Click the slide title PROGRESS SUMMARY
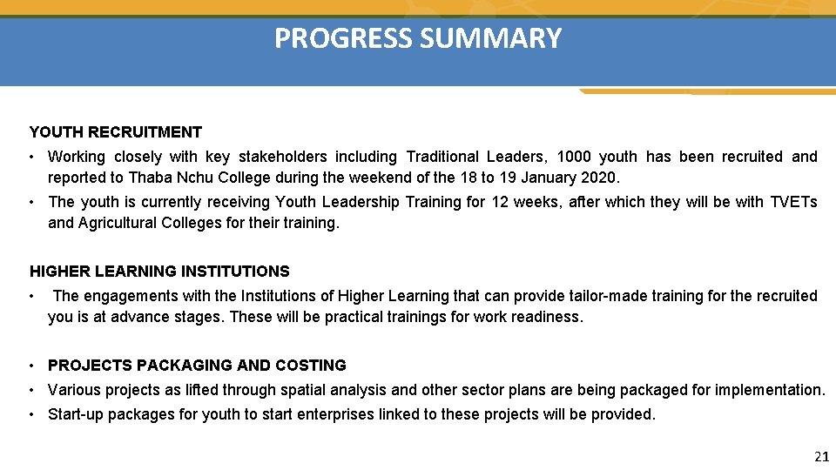point(418,39)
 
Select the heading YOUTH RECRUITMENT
point(116,132)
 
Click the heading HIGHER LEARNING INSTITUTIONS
point(159,272)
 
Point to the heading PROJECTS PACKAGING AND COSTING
point(197,366)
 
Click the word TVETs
point(794,202)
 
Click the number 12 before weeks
point(500,202)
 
